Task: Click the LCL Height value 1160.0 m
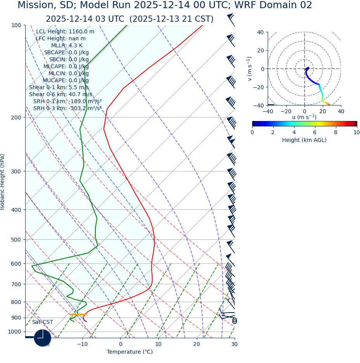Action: (81, 32)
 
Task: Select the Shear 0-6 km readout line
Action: (61, 94)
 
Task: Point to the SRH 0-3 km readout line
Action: (67, 108)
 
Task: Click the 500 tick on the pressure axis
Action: (16, 240)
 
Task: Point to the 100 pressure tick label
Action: (16, 25)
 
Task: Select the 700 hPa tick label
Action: (16, 284)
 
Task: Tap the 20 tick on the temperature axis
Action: (197, 344)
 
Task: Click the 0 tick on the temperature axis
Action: (121, 344)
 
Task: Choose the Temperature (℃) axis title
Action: (130, 352)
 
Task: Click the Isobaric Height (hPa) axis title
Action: (3, 182)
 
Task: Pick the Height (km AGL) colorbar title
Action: (304, 140)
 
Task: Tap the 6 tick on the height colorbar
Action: (315, 132)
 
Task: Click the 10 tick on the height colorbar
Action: (357, 132)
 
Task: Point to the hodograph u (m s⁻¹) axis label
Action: (304, 117)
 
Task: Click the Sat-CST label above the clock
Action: (42, 322)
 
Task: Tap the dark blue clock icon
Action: (43, 338)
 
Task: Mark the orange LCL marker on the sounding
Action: (78, 315)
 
